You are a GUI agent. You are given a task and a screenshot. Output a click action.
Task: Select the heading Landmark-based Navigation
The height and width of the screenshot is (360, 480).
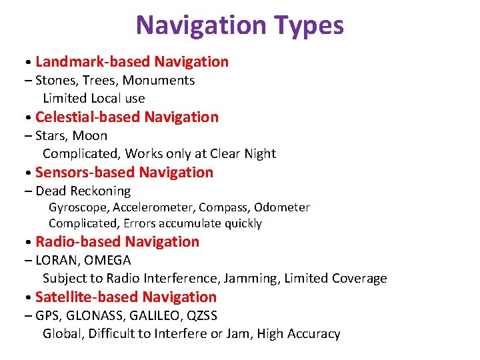(132, 62)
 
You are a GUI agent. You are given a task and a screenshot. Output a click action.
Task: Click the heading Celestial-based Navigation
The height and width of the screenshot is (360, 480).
(127, 117)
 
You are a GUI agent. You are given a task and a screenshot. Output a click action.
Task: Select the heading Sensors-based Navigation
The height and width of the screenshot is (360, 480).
(124, 173)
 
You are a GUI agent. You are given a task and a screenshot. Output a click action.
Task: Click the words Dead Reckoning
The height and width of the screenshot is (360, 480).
(83, 191)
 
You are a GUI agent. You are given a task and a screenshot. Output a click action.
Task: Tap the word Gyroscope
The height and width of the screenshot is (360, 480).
(75, 207)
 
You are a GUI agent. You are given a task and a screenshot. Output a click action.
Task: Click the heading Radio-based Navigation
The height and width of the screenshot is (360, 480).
(117, 242)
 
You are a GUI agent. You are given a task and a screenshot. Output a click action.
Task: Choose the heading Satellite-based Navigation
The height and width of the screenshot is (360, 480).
(126, 297)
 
